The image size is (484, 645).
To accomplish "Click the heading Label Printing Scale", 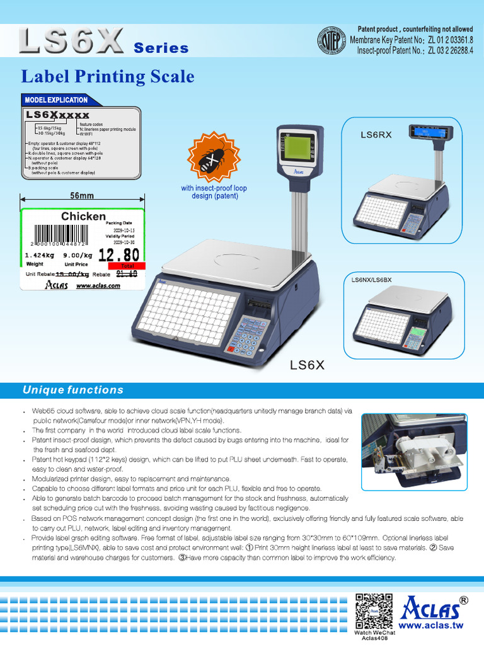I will (x=108, y=77).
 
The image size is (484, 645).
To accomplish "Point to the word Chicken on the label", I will (x=83, y=216).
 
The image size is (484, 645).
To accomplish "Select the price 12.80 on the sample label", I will (x=119, y=254).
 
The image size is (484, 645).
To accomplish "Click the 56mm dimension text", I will (x=81, y=196).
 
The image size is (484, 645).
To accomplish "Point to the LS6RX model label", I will (x=376, y=135).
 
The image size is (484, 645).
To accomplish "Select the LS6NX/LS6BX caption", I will (x=372, y=278).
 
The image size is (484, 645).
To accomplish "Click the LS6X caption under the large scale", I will (x=306, y=364).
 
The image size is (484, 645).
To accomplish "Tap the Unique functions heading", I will (x=73, y=391).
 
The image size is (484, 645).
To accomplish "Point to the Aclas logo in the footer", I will (x=434, y=606).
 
